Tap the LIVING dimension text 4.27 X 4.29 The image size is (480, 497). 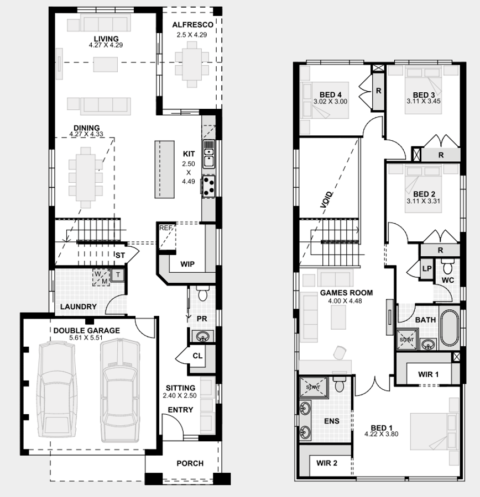click(106, 45)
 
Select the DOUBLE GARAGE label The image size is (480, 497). click(86, 330)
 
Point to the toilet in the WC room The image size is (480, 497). click(448, 268)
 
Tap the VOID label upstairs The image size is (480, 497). click(326, 199)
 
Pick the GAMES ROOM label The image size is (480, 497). click(346, 293)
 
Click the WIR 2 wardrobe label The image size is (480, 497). click(327, 463)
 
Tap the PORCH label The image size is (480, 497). click(190, 463)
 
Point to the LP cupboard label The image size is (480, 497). click(427, 268)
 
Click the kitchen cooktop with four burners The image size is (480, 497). click(209, 186)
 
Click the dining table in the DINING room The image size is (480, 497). click(86, 177)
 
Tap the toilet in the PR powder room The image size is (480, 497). click(202, 294)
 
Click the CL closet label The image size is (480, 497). click(197, 356)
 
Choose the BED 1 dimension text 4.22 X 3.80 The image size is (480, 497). click(381, 434)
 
